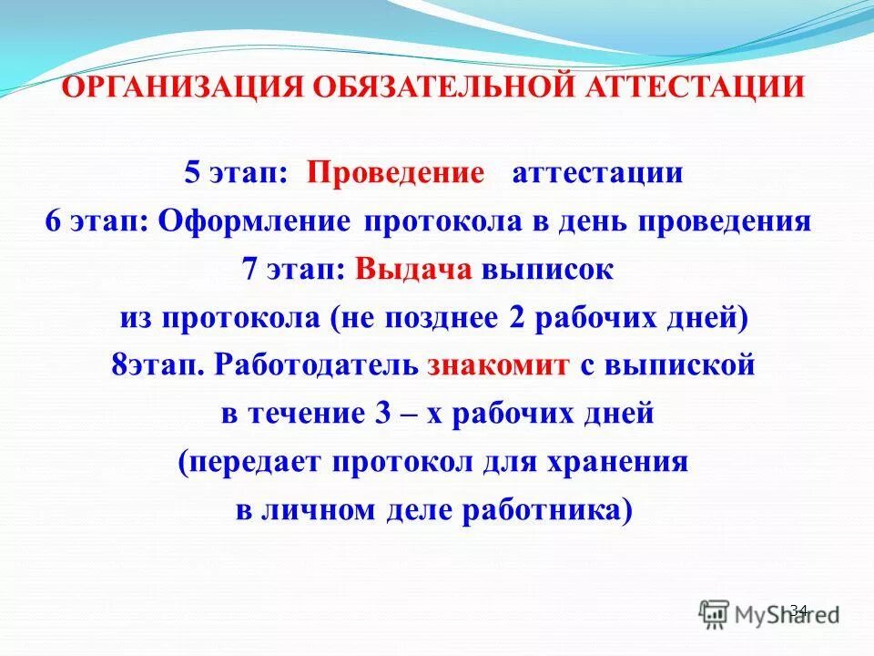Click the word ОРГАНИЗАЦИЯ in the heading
[x=183, y=87]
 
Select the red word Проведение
[x=395, y=173]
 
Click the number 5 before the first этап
[x=192, y=173]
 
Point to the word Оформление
[x=257, y=222]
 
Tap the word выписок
[x=548, y=271]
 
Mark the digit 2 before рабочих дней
[x=516, y=319]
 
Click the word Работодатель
[x=318, y=366]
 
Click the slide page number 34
[x=798, y=610]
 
